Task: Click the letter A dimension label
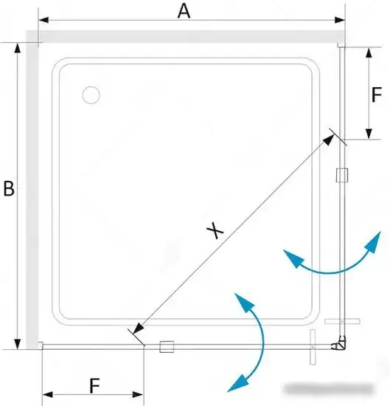tap(184, 12)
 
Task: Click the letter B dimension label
tap(9, 188)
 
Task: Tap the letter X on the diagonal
tap(215, 230)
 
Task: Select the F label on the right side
tap(377, 94)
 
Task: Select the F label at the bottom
tap(94, 386)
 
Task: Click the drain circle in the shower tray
tap(91, 95)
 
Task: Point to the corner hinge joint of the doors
tap(339, 343)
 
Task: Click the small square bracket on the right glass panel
tap(342, 175)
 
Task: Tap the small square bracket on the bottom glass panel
tap(167, 347)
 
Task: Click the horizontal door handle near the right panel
tap(342, 321)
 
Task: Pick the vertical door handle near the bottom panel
tap(313, 347)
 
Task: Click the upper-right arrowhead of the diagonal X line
tap(329, 140)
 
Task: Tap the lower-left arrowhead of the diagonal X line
tap(139, 328)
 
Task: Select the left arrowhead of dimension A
tap(43, 20)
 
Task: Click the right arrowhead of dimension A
tap(340, 20)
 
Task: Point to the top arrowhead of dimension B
tap(18, 48)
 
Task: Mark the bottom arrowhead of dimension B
tap(18, 344)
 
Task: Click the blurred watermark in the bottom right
tap(329, 388)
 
